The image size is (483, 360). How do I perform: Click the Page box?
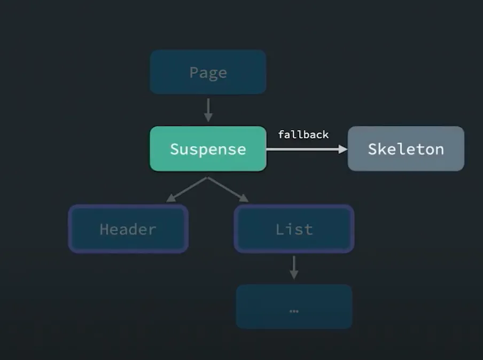[x=208, y=72]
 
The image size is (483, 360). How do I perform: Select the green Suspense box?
[x=208, y=149]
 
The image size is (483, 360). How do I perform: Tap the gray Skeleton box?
[x=406, y=149]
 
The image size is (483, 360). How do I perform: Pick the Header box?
[x=128, y=229]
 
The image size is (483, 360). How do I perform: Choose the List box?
[x=294, y=229]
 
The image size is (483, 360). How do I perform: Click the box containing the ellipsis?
[x=294, y=307]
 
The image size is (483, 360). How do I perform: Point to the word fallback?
[x=303, y=135]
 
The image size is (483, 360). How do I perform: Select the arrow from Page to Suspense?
[x=208, y=109]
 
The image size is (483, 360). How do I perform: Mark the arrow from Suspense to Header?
[x=186, y=189]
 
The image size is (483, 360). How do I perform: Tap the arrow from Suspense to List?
[x=228, y=189]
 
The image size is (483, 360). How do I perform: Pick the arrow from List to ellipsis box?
[x=293, y=267]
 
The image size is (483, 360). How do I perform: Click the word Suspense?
[x=208, y=149]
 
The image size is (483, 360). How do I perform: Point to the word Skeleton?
[x=406, y=149]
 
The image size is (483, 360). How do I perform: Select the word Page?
[x=208, y=72]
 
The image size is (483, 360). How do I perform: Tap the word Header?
[x=128, y=230]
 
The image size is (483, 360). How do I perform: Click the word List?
[x=294, y=230]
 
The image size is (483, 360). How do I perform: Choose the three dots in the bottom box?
[x=293, y=311]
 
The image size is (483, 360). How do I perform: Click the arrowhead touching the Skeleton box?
[x=342, y=150]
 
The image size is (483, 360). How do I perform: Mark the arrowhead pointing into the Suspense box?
[x=208, y=117]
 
